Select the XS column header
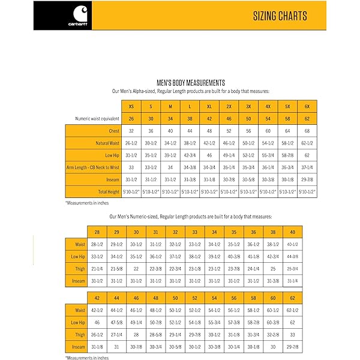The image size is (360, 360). tap(131, 106)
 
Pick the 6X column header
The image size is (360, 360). tap(307, 106)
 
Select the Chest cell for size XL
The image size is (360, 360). tap(209, 131)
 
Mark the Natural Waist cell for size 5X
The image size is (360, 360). tap(287, 143)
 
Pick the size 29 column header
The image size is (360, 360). tap(117, 232)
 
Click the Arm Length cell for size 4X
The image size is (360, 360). tap(268, 167)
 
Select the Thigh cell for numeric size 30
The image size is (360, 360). tap(136, 268)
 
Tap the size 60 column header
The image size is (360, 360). tap(273, 298)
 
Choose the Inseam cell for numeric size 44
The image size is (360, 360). tap(117, 347)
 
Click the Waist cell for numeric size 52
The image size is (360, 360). tap(195, 310)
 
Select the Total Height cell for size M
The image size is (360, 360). tap(170, 191)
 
